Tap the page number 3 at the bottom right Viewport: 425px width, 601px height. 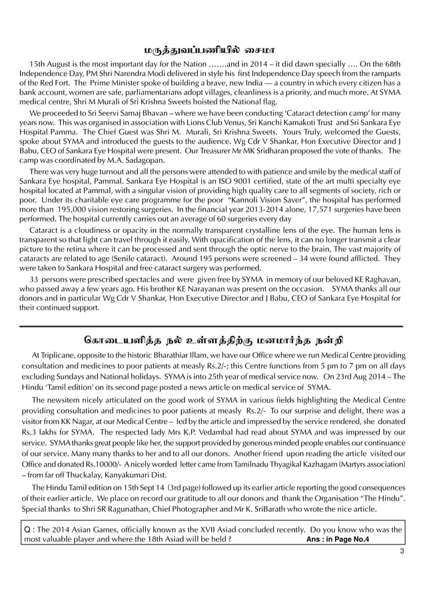click(402, 552)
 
